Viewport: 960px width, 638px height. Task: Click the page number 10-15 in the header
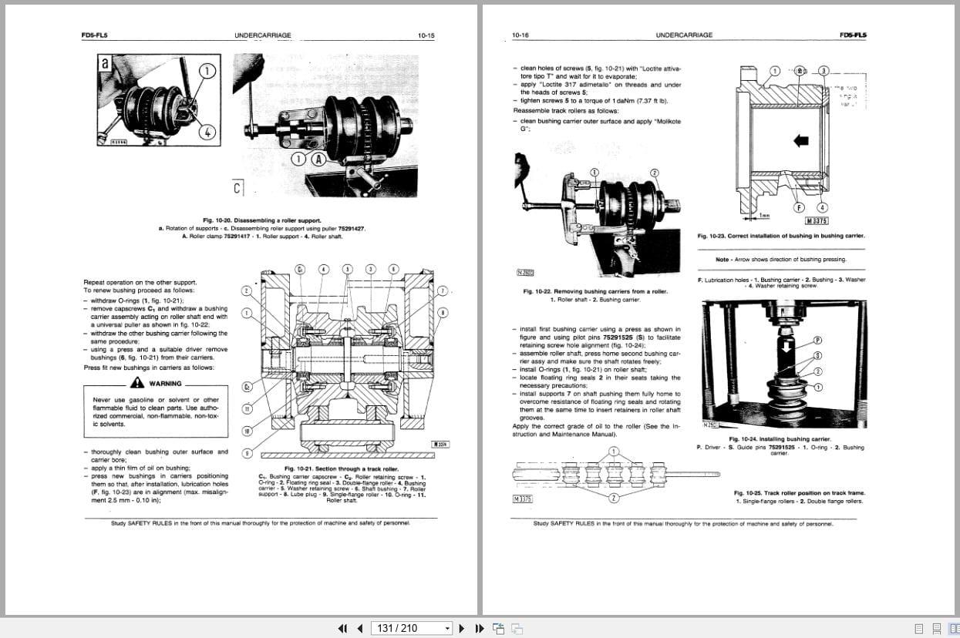point(426,35)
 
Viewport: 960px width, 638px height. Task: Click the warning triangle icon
point(137,383)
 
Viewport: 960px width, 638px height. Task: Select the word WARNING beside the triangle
point(166,384)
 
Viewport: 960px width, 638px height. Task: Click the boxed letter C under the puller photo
point(237,187)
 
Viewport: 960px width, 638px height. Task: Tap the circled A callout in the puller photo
point(318,159)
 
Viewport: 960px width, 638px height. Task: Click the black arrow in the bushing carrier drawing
point(800,140)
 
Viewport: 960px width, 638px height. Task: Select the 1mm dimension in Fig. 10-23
point(765,216)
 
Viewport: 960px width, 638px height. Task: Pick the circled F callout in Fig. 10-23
point(800,207)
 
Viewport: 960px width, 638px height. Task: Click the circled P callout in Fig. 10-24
point(818,340)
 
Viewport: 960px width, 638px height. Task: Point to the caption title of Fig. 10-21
point(341,468)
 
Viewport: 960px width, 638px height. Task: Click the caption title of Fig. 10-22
point(595,291)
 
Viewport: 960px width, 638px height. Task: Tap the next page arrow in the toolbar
point(462,628)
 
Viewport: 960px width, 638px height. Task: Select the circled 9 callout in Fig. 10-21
point(246,453)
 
